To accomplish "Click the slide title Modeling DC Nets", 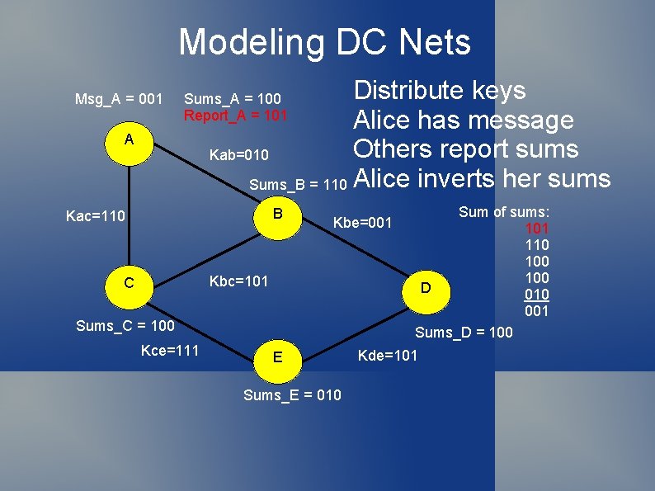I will (324, 42).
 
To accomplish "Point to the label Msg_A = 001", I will (119, 100).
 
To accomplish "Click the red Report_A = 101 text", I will (235, 116).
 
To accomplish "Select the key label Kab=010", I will (238, 155).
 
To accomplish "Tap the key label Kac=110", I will (95, 217).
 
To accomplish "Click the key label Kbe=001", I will (363, 223).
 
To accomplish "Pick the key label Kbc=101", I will (238, 281).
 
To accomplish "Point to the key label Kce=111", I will (170, 352).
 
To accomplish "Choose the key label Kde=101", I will (387, 356).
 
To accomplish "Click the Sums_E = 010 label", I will (292, 395).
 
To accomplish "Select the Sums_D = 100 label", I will (463, 333).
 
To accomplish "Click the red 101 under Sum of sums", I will (536, 229).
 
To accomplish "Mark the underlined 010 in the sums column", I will (536, 295).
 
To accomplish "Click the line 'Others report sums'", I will (465, 149).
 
